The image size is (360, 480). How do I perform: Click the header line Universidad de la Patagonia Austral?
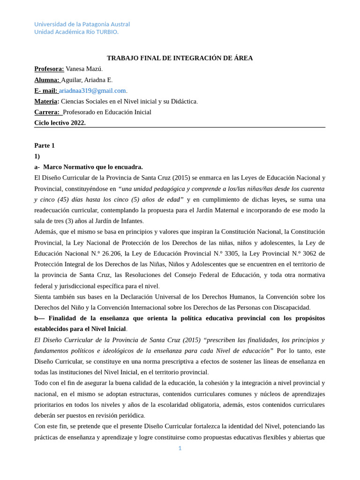[x=82, y=24]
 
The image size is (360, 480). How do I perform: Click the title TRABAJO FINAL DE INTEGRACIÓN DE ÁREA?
[x=180, y=58]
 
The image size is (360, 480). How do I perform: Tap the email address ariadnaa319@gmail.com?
[x=92, y=90]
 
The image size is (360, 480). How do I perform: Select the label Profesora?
[x=49, y=69]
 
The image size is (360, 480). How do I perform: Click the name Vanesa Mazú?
[x=83, y=69]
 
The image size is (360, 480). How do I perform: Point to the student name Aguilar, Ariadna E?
[x=86, y=80]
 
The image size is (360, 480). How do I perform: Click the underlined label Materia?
[x=45, y=101]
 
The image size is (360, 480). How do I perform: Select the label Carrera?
[x=47, y=112]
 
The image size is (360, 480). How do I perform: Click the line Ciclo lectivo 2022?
[x=60, y=123]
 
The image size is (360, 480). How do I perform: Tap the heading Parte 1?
[x=45, y=145]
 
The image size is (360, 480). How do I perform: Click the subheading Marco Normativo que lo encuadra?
[x=93, y=167]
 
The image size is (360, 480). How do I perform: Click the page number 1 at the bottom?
[x=180, y=448]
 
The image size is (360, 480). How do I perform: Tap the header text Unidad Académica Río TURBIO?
[x=76, y=32]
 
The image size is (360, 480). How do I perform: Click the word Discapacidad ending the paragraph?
[x=289, y=307]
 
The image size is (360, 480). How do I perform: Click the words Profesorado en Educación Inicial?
[x=107, y=112]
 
